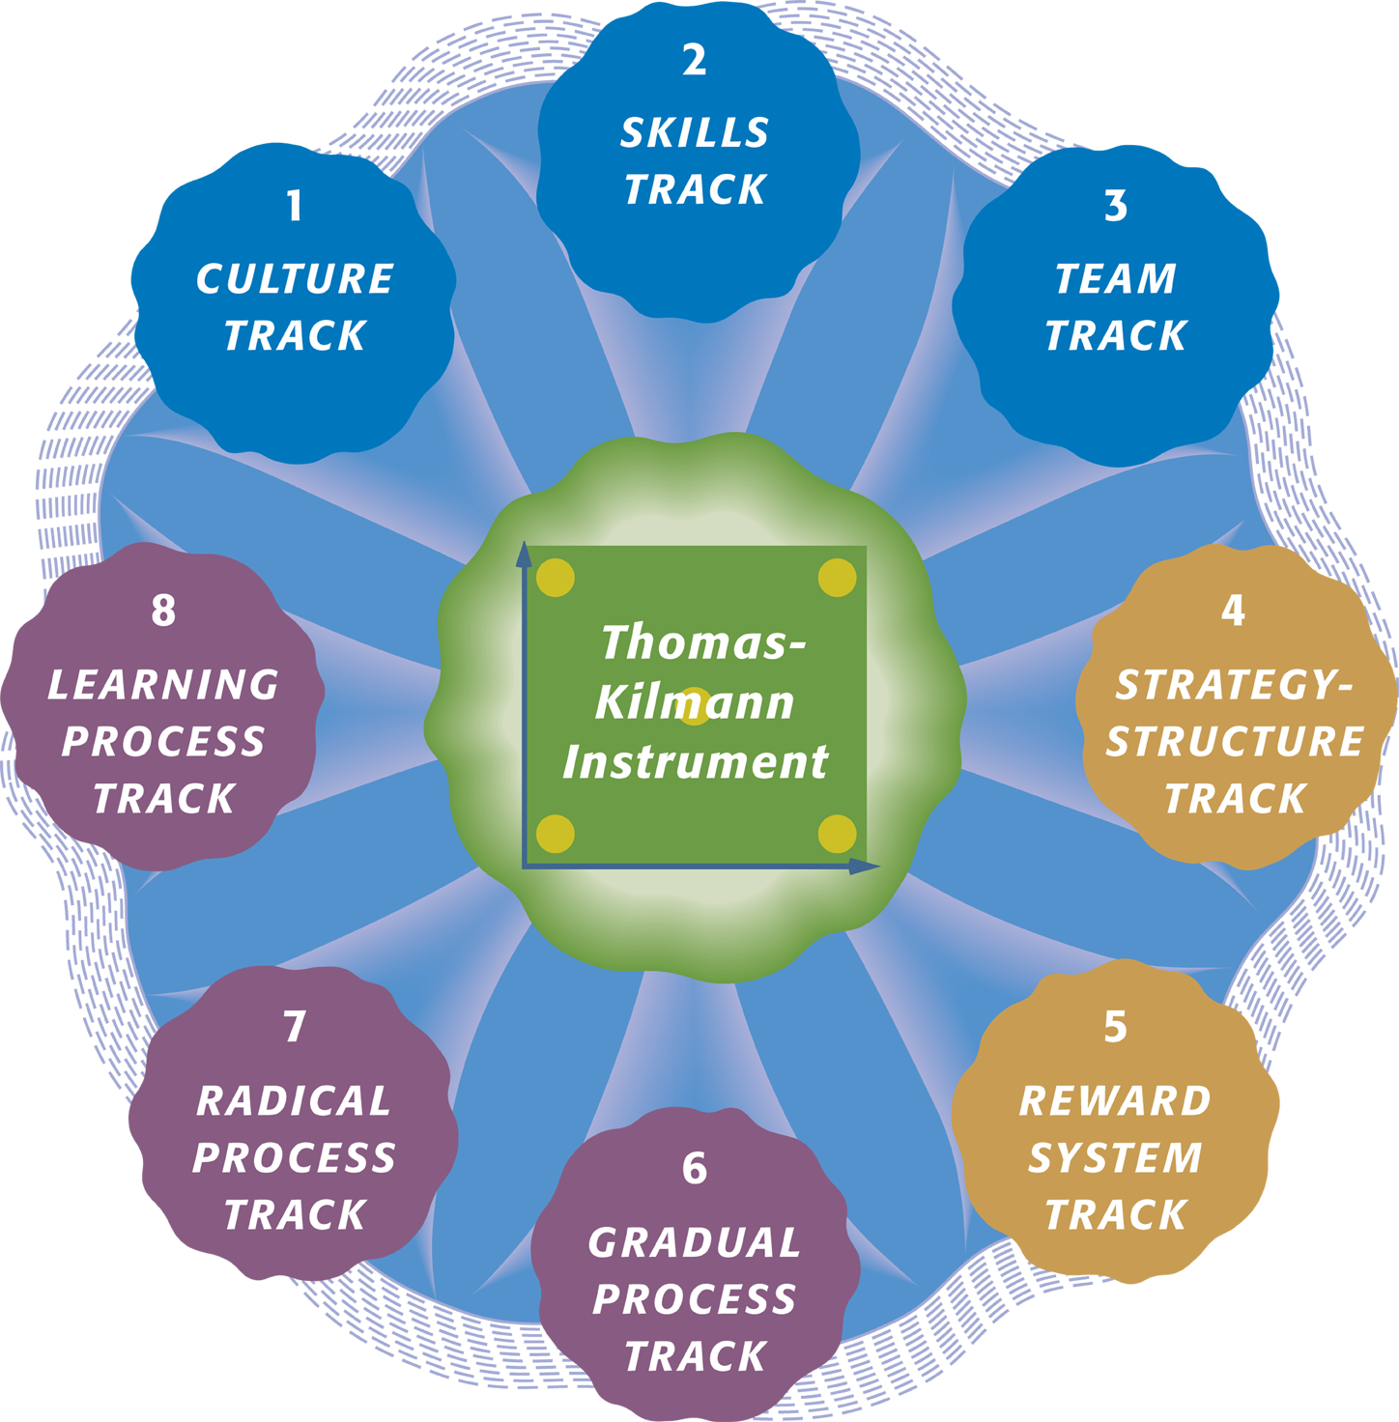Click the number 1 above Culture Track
295,205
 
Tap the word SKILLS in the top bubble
695,132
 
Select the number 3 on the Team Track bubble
1116,205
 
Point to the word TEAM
1116,279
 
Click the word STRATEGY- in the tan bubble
1234,685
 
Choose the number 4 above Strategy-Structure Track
1234,611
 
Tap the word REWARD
1115,1101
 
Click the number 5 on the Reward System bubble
1115,1027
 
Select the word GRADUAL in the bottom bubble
695,1242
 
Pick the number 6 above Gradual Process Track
695,1168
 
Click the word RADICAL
294,1101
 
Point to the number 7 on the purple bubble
295,1027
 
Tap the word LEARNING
164,685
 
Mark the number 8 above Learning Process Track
164,611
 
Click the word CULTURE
295,279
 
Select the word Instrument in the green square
695,762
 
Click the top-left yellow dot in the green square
556,577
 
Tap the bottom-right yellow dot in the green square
838,834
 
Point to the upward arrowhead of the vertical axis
525,555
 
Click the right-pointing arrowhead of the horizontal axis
865,867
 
